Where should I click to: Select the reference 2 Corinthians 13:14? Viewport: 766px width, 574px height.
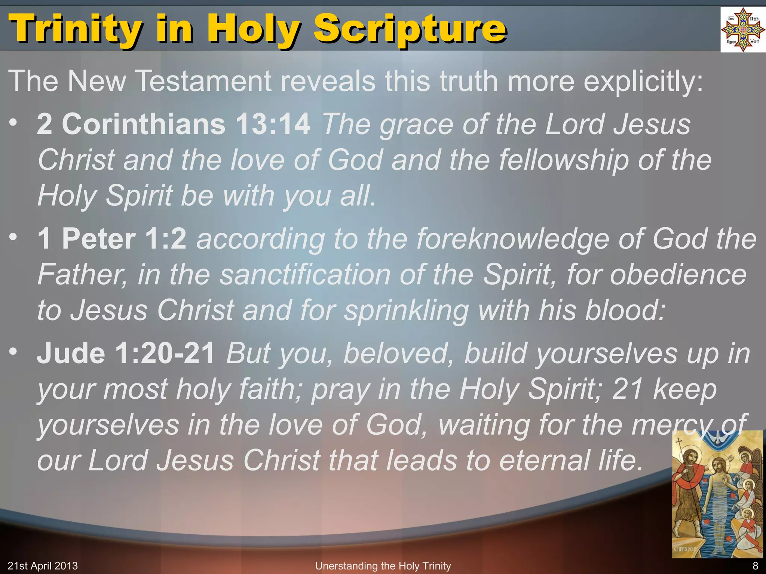click(174, 124)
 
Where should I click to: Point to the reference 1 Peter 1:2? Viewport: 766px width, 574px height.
click(112, 239)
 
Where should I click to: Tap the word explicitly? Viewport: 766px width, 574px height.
click(643, 81)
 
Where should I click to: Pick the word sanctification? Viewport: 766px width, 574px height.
click(305, 275)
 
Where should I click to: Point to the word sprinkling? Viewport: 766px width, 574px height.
click(406, 311)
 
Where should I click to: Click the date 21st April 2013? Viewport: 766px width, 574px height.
click(43, 566)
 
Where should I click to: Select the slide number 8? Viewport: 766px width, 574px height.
click(755, 566)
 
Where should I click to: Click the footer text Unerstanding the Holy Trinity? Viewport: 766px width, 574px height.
click(383, 566)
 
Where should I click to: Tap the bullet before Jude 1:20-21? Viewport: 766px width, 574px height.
click(13, 352)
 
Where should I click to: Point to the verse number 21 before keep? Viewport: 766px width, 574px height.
click(627, 389)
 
